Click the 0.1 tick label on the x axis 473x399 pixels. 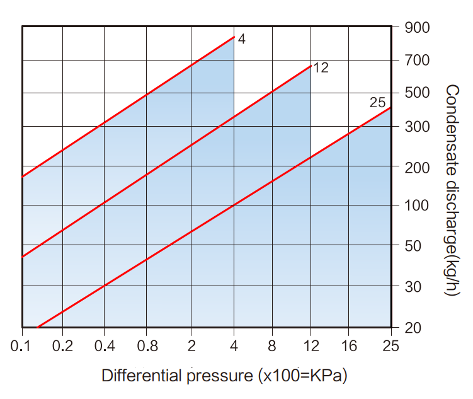point(21,346)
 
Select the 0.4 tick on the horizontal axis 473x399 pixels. point(105,346)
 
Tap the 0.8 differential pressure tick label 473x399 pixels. point(146,346)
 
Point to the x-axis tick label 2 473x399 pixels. point(191,346)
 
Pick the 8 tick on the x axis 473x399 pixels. point(272,346)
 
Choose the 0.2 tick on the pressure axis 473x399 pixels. point(62,346)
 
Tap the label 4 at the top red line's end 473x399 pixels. point(242,39)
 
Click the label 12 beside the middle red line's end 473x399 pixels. point(321,68)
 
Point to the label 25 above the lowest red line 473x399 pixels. point(377,102)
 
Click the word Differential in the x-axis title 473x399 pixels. point(142,376)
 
